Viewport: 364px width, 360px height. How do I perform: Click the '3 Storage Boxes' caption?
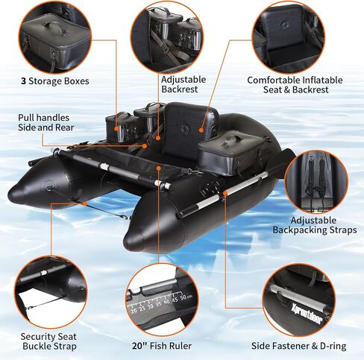click(x=55, y=81)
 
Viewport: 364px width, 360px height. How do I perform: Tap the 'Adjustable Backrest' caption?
click(x=183, y=84)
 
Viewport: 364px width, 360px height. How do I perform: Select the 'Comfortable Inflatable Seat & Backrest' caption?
click(x=295, y=85)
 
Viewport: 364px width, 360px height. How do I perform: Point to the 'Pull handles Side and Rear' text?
click(x=46, y=122)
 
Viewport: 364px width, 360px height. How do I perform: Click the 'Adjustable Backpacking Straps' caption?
click(x=315, y=225)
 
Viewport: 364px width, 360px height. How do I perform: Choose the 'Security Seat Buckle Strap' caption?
click(x=48, y=341)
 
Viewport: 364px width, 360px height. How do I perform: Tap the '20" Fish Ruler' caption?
click(x=162, y=346)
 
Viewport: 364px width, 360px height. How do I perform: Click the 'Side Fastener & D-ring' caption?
click(x=298, y=346)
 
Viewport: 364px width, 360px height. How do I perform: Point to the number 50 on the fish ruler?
click(x=184, y=297)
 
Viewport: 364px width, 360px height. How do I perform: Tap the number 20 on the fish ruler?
click(x=134, y=311)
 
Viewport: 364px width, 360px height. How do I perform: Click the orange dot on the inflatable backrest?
click(x=201, y=130)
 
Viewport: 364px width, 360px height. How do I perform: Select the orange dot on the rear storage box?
click(x=116, y=129)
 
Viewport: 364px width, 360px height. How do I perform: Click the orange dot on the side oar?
click(x=225, y=193)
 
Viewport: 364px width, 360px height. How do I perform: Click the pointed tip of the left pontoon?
click(x=10, y=195)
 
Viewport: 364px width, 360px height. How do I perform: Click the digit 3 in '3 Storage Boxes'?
click(x=23, y=81)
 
